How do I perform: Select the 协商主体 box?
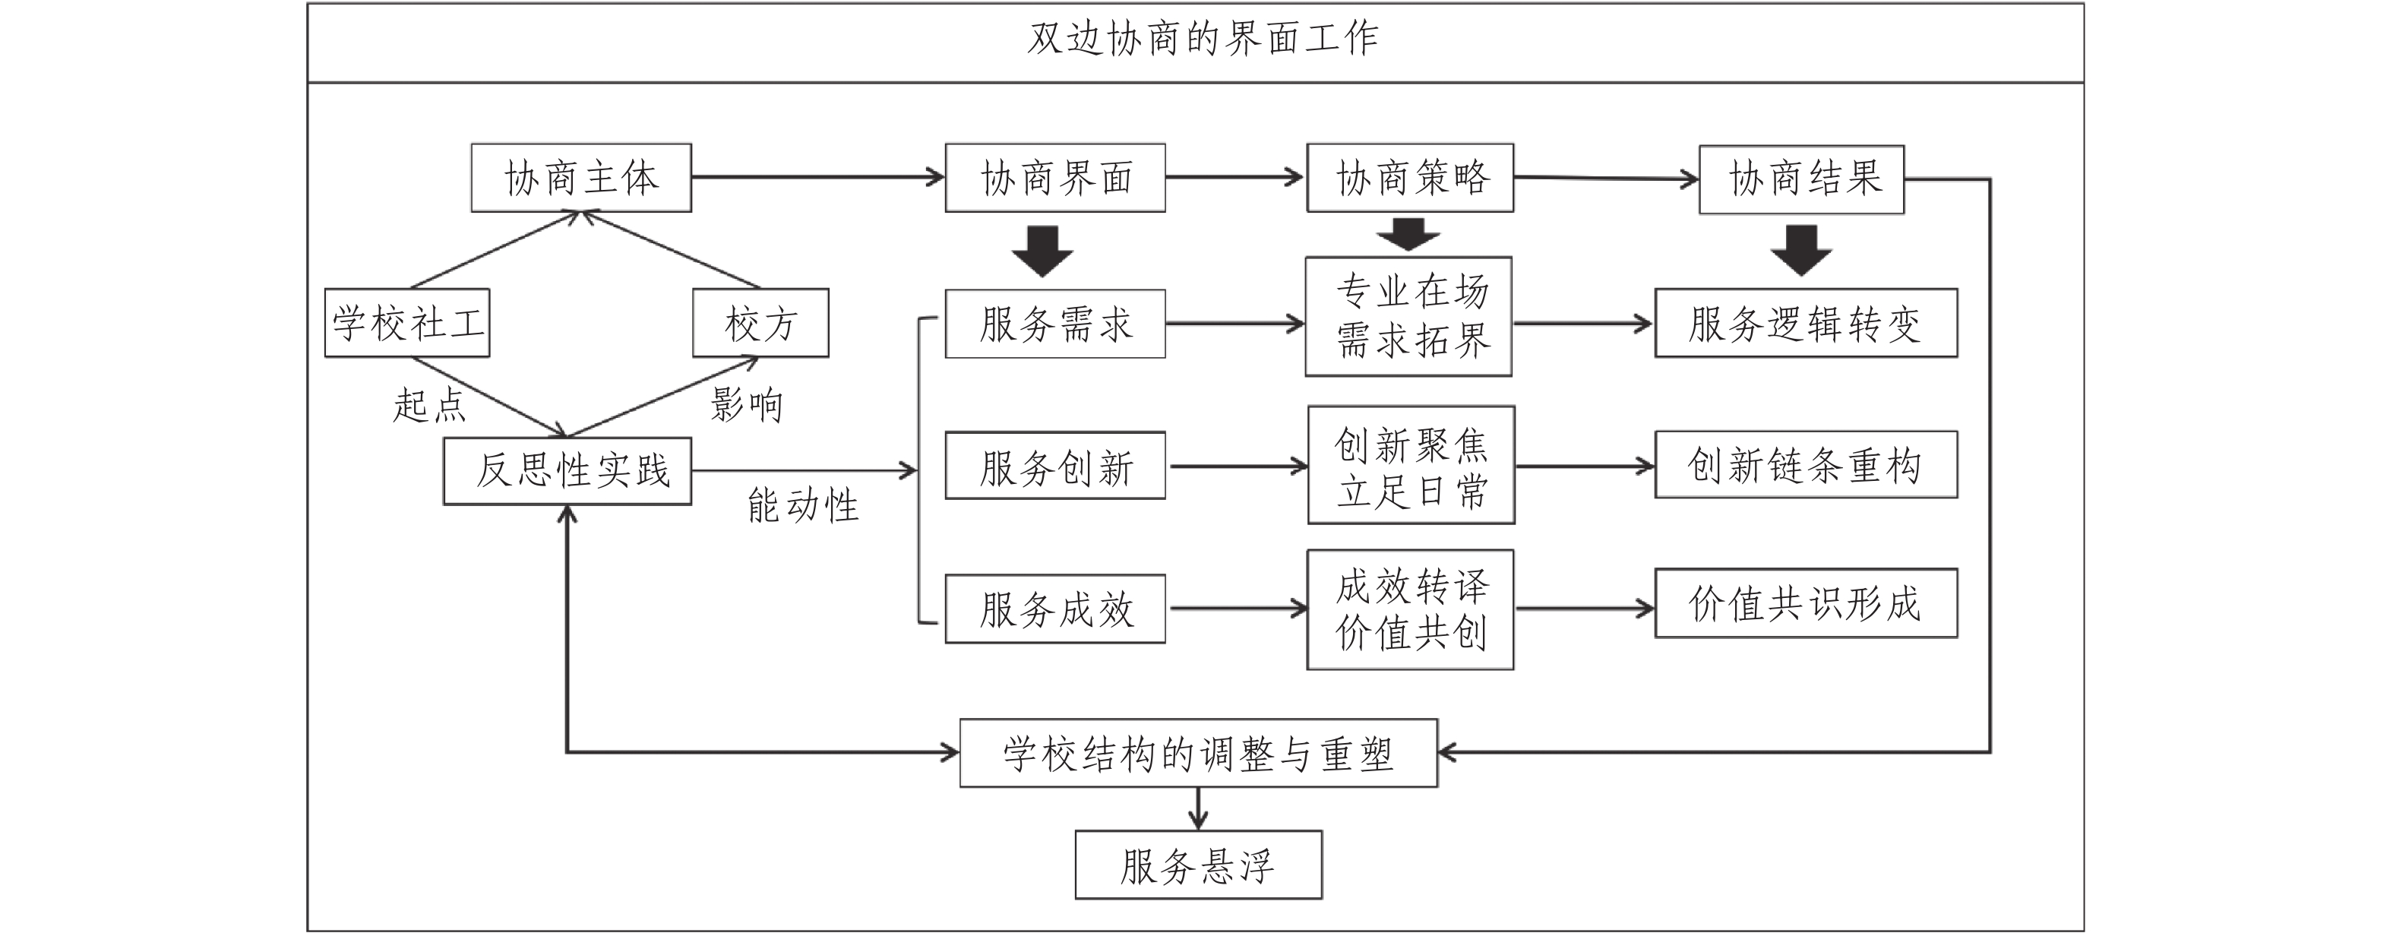[x=581, y=178]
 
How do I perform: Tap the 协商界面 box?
[x=1055, y=178]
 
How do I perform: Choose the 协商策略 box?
[x=1410, y=178]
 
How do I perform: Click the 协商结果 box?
[x=1802, y=179]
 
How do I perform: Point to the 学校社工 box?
[x=407, y=324]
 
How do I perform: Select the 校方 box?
[x=760, y=324]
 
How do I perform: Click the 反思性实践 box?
[x=567, y=471]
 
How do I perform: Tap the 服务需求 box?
[x=1055, y=324]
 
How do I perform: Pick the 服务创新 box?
[x=1055, y=466]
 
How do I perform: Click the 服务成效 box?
[x=1055, y=609]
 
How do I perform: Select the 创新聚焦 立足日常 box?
[x=1411, y=465]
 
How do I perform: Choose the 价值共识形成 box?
[x=1806, y=603]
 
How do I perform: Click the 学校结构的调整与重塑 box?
[x=1198, y=753]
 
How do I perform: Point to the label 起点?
[x=428, y=405]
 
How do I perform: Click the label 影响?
[x=747, y=405]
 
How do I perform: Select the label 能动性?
[x=804, y=505]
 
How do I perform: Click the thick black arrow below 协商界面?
[x=1042, y=251]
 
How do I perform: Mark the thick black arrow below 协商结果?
[x=1801, y=251]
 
